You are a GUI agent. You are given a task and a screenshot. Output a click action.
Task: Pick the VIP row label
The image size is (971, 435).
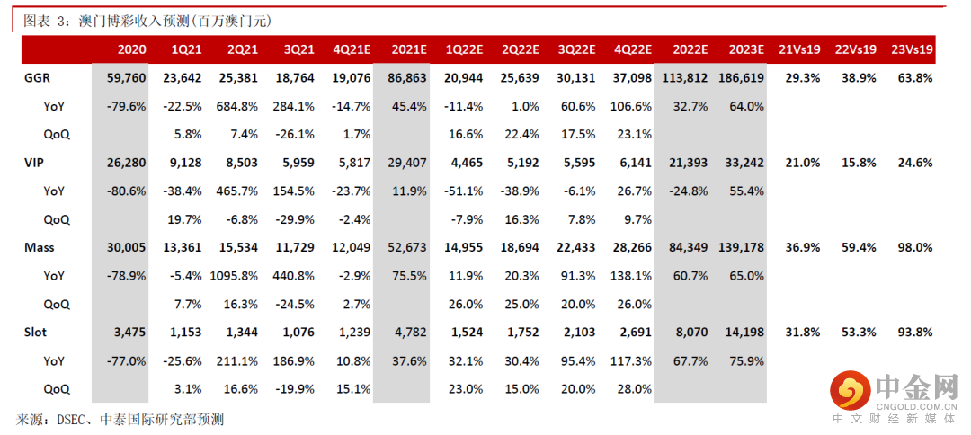(x=34, y=163)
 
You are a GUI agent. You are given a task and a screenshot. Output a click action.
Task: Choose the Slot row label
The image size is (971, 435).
(x=36, y=332)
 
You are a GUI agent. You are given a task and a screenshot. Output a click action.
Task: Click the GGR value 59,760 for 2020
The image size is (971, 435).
(x=127, y=78)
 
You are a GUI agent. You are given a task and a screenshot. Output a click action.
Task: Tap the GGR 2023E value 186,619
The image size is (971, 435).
(x=741, y=78)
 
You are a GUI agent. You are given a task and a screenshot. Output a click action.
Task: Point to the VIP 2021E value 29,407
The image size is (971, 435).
(x=407, y=163)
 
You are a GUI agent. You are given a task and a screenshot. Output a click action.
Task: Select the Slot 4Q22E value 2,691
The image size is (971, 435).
(x=633, y=332)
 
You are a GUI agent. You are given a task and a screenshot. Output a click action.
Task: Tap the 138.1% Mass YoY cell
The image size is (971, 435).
(x=632, y=276)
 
